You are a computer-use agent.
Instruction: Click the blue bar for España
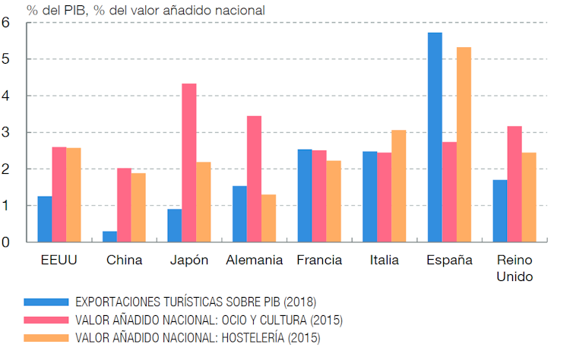(x=435, y=137)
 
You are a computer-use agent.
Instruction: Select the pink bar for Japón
(x=188, y=163)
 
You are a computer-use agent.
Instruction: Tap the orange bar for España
(x=464, y=144)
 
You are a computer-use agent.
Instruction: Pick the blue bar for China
(x=109, y=236)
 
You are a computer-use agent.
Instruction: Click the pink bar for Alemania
(x=254, y=178)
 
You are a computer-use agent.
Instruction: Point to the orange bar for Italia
(x=398, y=186)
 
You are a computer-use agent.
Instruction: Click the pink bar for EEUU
(x=59, y=194)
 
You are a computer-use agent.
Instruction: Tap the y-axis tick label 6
(x=6, y=22)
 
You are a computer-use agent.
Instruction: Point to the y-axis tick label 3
(x=6, y=132)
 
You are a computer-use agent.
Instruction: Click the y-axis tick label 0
(x=6, y=242)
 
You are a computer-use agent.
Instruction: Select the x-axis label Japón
(x=188, y=260)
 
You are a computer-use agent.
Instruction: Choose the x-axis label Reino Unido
(x=514, y=267)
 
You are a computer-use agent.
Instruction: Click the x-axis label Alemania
(x=254, y=260)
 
